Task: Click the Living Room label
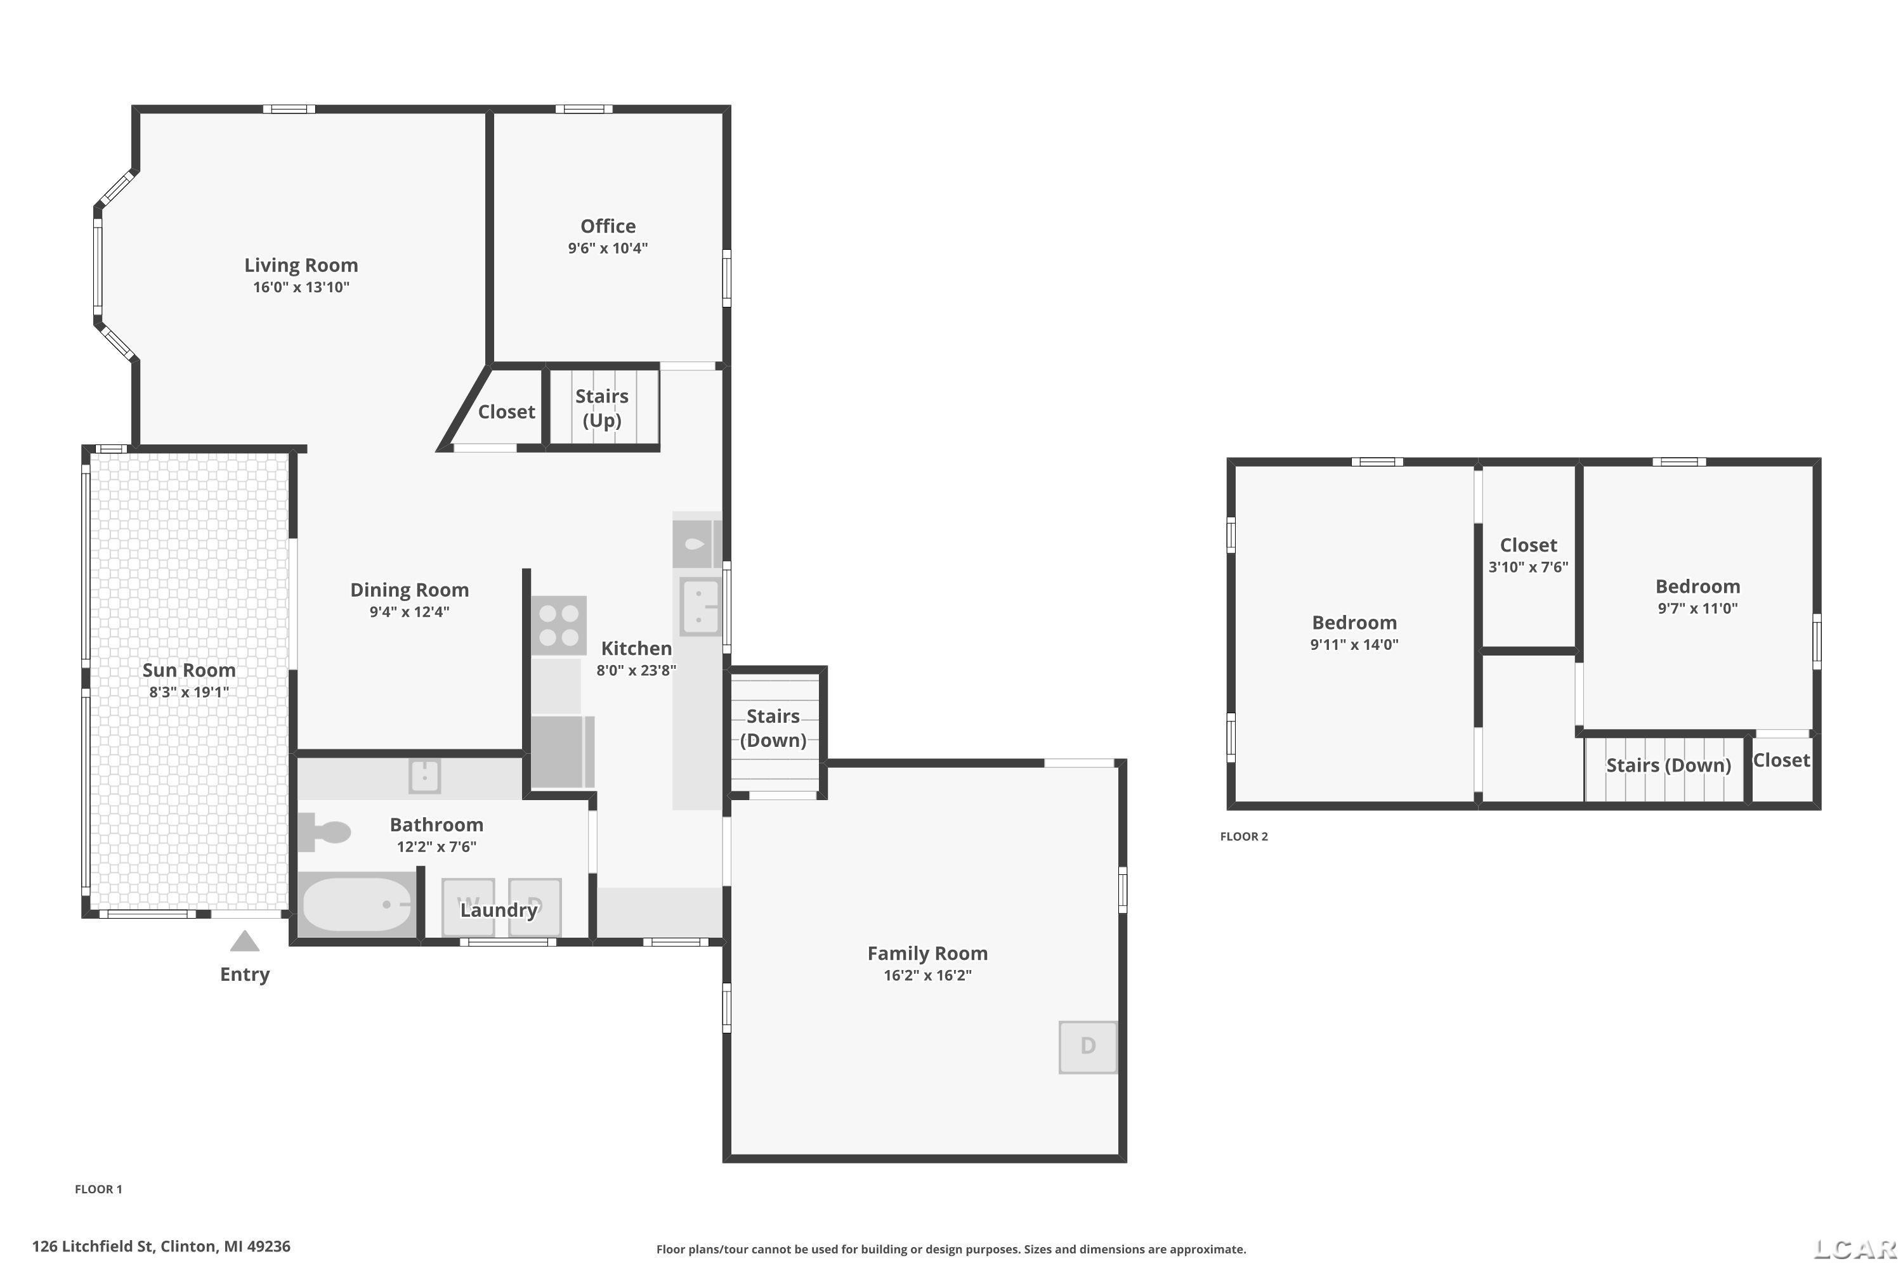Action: coord(301,265)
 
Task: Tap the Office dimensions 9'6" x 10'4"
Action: coord(608,249)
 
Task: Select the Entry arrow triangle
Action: coord(244,941)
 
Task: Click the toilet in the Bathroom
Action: coord(324,832)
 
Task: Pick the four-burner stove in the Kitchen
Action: coord(559,626)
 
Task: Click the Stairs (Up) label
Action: coord(602,408)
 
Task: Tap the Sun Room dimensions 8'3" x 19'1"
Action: coord(189,692)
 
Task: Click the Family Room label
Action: coord(927,954)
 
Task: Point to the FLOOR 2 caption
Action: coord(1243,836)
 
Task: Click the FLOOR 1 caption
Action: coord(99,1189)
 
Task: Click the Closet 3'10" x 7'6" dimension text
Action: coord(1528,567)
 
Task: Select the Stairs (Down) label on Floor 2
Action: coord(1668,765)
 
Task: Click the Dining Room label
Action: coord(409,590)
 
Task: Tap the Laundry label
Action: coord(499,910)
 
